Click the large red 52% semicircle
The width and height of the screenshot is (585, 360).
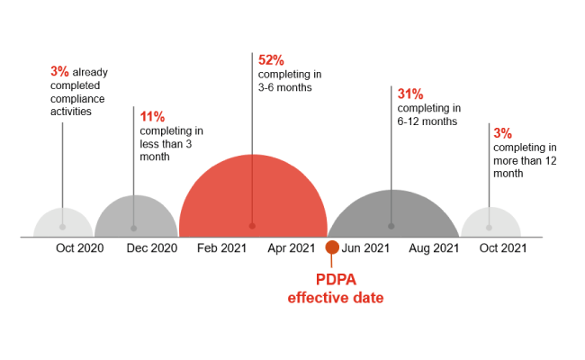coord(252,202)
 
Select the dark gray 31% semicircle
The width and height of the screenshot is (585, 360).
coord(391,216)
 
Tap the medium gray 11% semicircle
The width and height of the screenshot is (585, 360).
coord(134,219)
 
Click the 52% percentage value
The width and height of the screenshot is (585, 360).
coord(271,59)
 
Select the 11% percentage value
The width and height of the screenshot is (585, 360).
coord(152,116)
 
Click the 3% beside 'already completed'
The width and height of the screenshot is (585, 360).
coord(59,70)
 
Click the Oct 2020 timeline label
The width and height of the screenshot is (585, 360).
coord(80,247)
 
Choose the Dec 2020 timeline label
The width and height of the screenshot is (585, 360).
coord(151,247)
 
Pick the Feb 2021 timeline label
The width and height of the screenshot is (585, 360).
coord(221,247)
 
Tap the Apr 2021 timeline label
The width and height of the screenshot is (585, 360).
coord(292,247)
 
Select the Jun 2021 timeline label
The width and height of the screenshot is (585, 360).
coord(366,247)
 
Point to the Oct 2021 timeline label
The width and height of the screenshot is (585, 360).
coord(502,247)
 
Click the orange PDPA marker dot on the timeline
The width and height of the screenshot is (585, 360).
coord(332,247)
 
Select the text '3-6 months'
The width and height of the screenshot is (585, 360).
coord(283,87)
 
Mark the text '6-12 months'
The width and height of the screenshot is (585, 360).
coord(427,121)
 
